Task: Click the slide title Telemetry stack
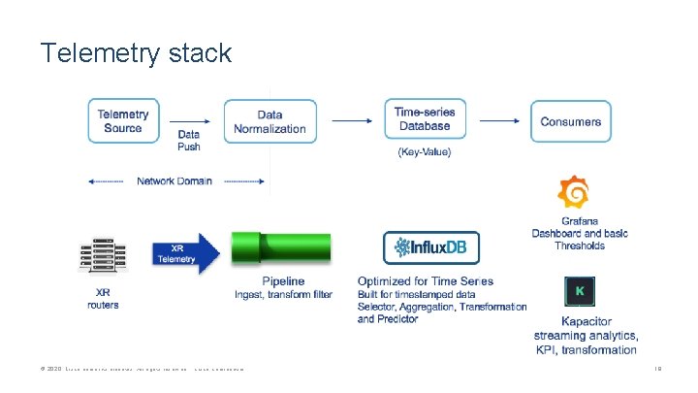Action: point(136,52)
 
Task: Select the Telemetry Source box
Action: point(123,121)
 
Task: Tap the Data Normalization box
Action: point(270,121)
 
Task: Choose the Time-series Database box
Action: point(424,119)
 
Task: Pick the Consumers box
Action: point(570,121)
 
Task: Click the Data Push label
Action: point(189,141)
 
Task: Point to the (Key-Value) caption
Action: point(424,152)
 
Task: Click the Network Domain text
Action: point(174,181)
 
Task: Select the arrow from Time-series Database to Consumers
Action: point(499,121)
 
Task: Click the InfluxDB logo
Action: point(430,248)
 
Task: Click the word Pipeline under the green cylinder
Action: point(282,281)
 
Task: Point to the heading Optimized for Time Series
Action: point(425,281)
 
